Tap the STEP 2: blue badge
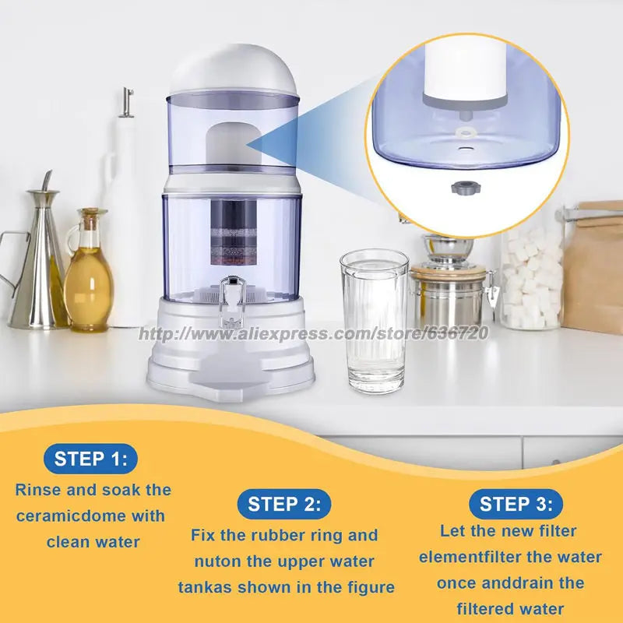[x=284, y=504]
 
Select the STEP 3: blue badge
[x=516, y=503]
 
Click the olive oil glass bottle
[x=86, y=273]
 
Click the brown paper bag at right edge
[x=593, y=265]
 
